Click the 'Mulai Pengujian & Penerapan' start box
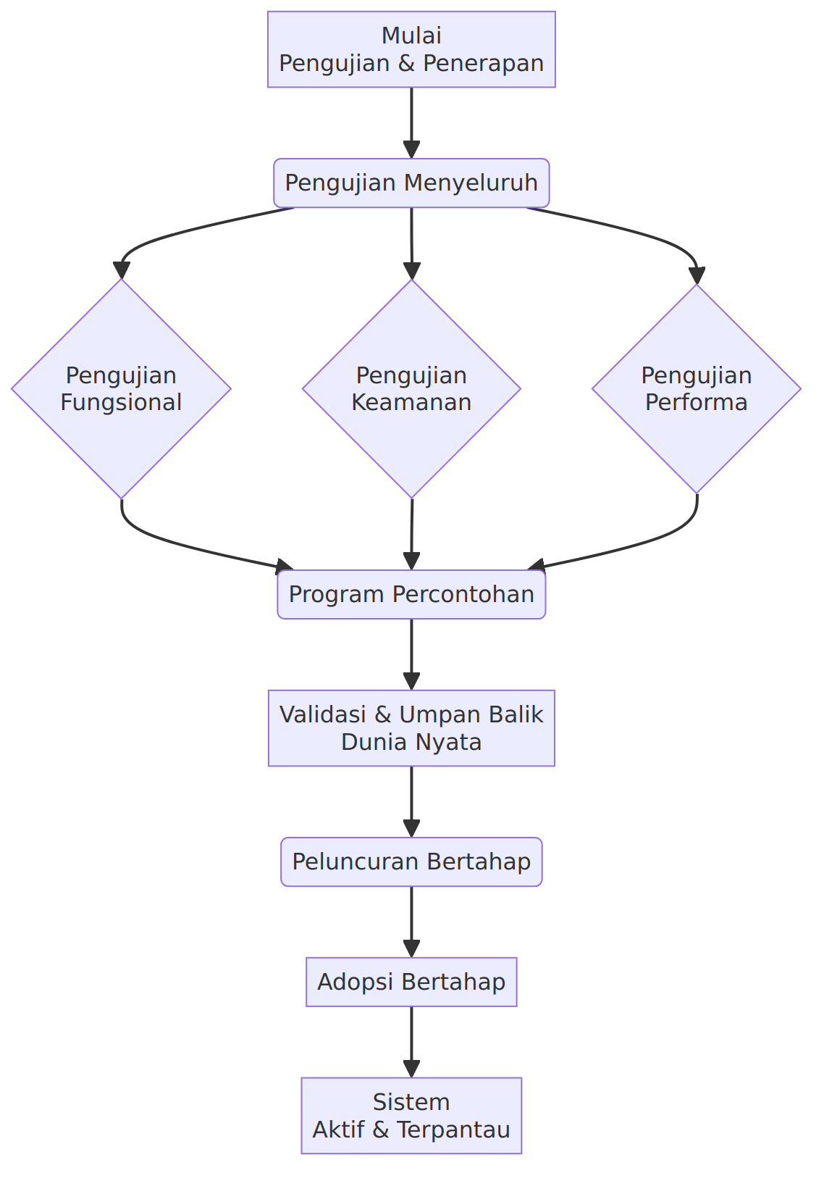tap(411, 49)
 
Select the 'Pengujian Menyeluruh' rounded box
tap(411, 183)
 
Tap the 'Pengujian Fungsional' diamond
tap(121, 388)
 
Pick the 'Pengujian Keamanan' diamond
tap(411, 388)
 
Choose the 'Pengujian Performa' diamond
tap(697, 388)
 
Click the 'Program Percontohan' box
tap(411, 594)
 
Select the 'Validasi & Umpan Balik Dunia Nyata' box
tap(411, 728)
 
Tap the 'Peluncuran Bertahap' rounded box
tap(411, 862)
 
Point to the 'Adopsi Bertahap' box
tap(411, 982)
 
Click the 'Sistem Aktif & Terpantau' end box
tap(411, 1116)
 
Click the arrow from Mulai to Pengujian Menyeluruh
tap(411, 123)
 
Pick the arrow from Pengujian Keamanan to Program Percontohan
tap(411, 534)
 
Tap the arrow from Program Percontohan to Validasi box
tap(411, 654)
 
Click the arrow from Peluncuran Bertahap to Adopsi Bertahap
tap(411, 922)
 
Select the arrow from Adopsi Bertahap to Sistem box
tap(411, 1043)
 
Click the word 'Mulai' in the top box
tap(411, 36)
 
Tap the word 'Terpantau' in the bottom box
tap(453, 1130)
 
